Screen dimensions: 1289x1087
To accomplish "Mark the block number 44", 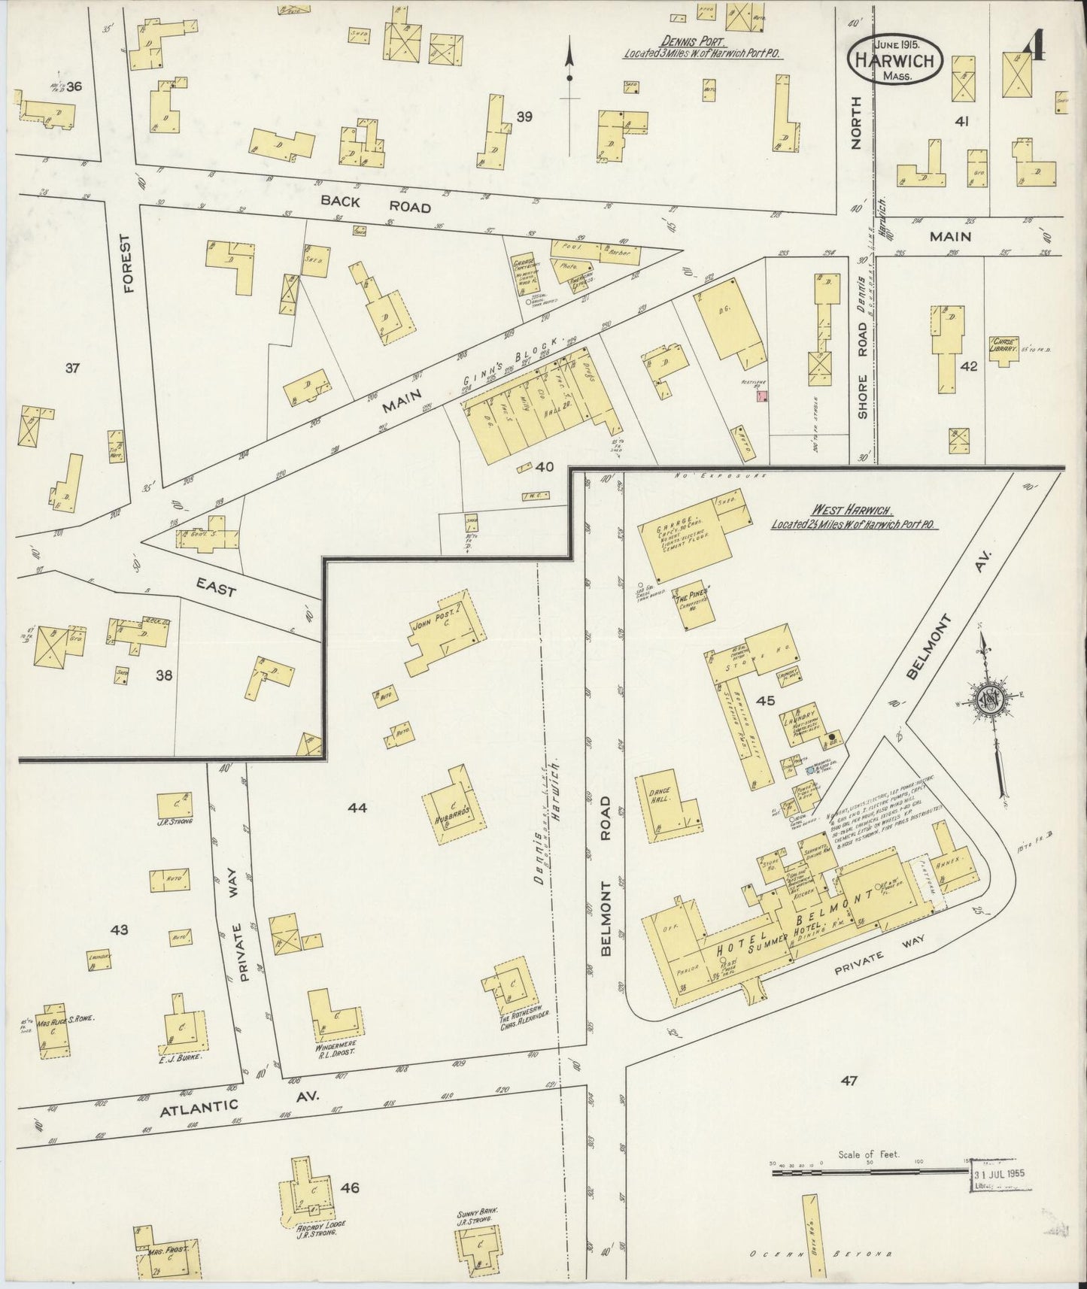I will point(357,808).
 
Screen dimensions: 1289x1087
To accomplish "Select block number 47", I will point(849,1081).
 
